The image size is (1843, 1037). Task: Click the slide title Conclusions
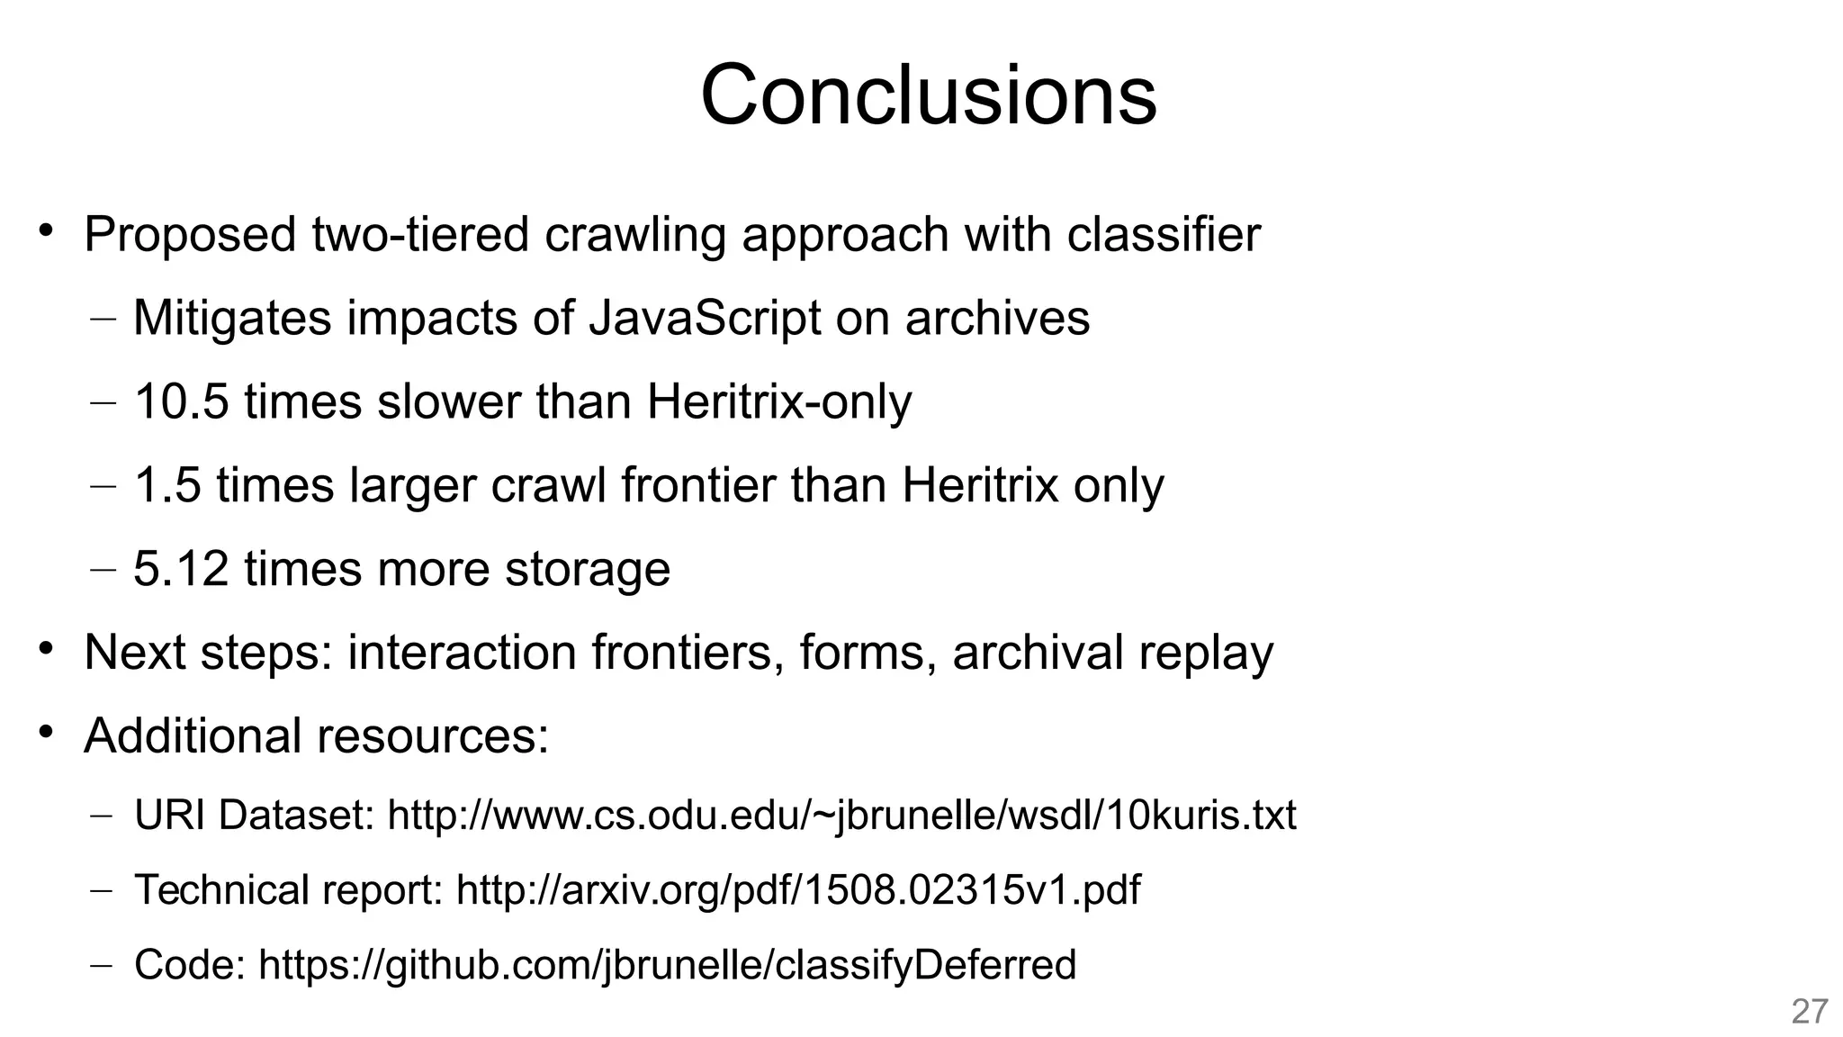coord(928,95)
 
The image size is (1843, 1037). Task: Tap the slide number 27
coord(1809,1012)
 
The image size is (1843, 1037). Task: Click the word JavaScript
coord(705,318)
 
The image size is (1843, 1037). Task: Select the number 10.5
coord(181,401)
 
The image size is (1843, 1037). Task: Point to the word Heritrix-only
coord(778,401)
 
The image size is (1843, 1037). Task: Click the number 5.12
coord(181,569)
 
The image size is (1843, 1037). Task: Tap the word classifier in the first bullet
coord(1164,235)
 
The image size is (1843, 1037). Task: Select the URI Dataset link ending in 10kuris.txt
coord(841,816)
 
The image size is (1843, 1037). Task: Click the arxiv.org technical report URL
coord(798,890)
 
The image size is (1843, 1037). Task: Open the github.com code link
coord(667,965)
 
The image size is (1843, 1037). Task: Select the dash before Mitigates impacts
coord(103,320)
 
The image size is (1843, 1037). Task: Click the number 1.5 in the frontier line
coord(167,485)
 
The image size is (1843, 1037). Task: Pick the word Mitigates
coord(232,318)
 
